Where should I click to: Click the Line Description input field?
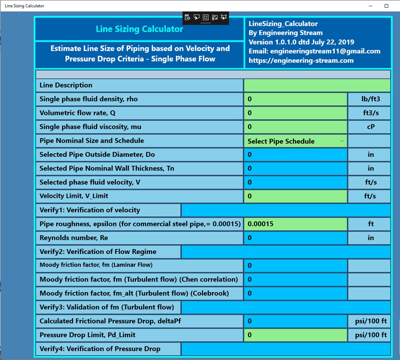point(317,85)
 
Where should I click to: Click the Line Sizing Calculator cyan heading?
point(139,29)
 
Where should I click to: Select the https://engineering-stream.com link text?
point(301,61)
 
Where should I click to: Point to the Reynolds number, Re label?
point(74,238)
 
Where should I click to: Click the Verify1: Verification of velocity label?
point(90,210)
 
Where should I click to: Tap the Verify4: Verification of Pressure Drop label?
point(100,349)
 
